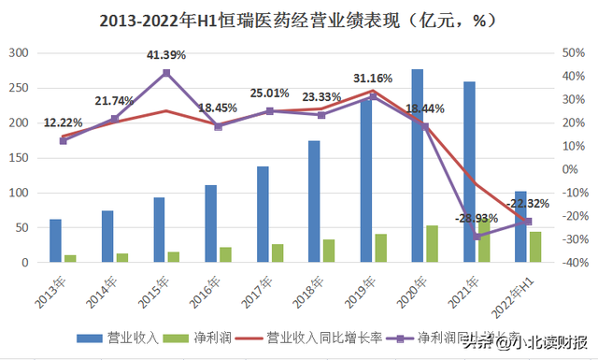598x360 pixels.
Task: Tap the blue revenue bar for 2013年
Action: [56, 240]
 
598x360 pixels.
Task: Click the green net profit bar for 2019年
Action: [380, 248]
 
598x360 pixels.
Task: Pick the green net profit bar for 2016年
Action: [226, 254]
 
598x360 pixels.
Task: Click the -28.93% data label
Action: [478, 218]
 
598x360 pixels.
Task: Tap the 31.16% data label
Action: [373, 78]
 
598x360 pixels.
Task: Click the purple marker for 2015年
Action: [166, 73]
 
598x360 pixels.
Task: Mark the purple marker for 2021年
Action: [477, 237]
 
